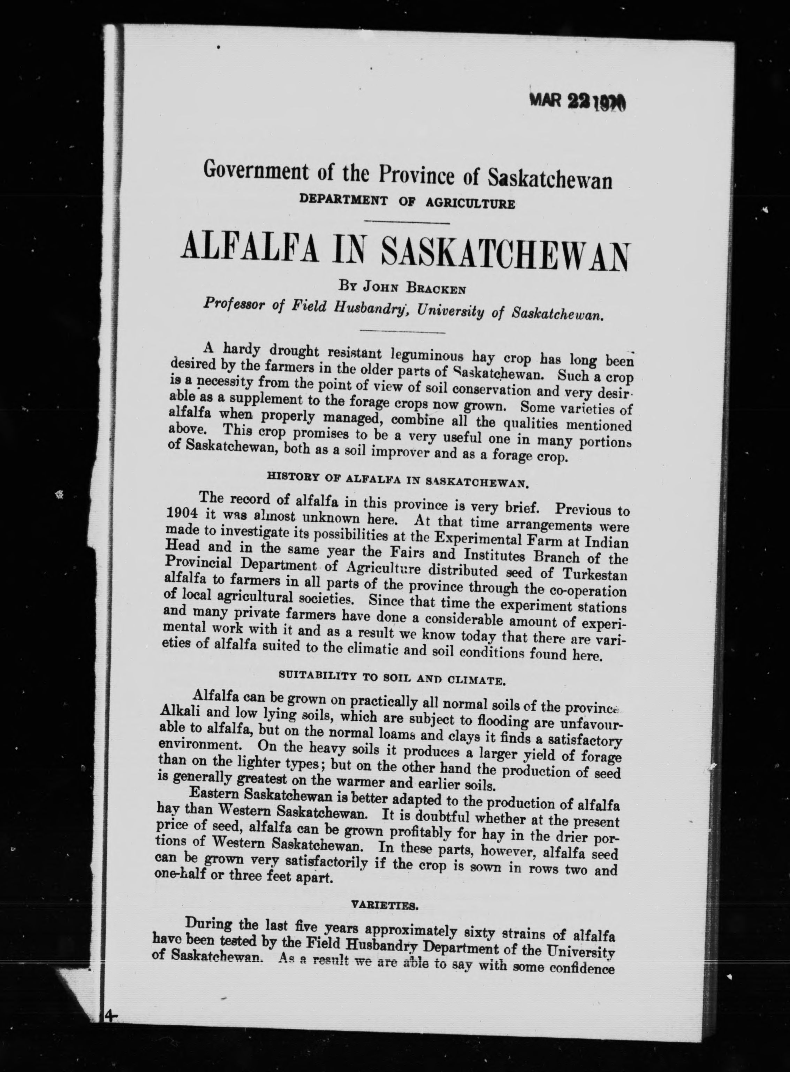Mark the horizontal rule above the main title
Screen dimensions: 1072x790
406,222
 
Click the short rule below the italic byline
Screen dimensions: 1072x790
401,331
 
